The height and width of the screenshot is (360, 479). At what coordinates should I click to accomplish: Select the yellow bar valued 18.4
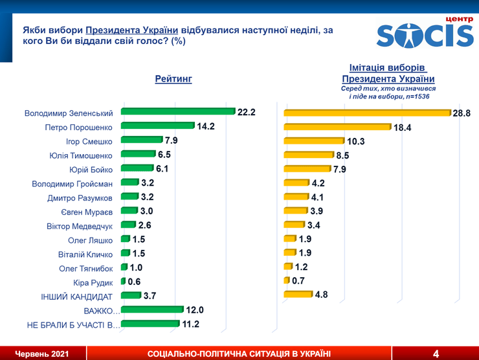point(337,127)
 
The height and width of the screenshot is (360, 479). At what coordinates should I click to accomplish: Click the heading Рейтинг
point(173,79)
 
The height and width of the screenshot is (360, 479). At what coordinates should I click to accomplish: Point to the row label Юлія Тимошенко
point(81,155)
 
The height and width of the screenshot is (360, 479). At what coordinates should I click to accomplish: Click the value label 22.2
point(247,112)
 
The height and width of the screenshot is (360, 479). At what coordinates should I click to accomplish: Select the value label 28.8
point(462,113)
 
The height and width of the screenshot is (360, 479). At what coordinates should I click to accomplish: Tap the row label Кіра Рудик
point(93,282)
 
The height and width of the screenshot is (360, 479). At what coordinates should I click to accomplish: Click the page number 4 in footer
point(436,354)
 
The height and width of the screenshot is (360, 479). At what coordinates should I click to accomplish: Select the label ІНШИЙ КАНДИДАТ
point(78,297)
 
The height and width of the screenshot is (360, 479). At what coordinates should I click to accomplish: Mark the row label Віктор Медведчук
point(80,226)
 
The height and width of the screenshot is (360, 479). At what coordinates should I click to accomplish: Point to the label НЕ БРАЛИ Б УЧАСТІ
point(73,324)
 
